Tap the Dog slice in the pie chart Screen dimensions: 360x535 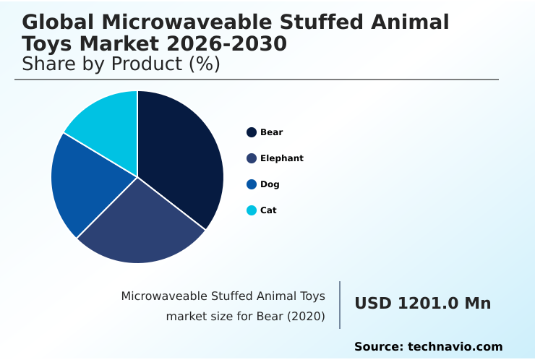coord(83,184)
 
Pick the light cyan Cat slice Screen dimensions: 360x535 coord(108,123)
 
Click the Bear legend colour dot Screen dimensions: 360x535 coord(252,132)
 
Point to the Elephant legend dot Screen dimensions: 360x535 coord(252,158)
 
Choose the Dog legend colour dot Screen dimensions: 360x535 coord(252,184)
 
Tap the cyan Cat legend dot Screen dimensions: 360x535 coord(252,210)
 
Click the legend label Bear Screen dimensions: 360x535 coord(272,132)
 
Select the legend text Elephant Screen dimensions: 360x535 coord(282,158)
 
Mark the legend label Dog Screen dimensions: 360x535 coord(270,184)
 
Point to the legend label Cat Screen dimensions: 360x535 coord(268,210)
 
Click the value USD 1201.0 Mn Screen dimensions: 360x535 coord(422,304)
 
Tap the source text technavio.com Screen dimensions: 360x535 coord(455,347)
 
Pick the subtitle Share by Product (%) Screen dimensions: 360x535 coord(121,64)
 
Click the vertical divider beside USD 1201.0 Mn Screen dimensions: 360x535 coord(340,305)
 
